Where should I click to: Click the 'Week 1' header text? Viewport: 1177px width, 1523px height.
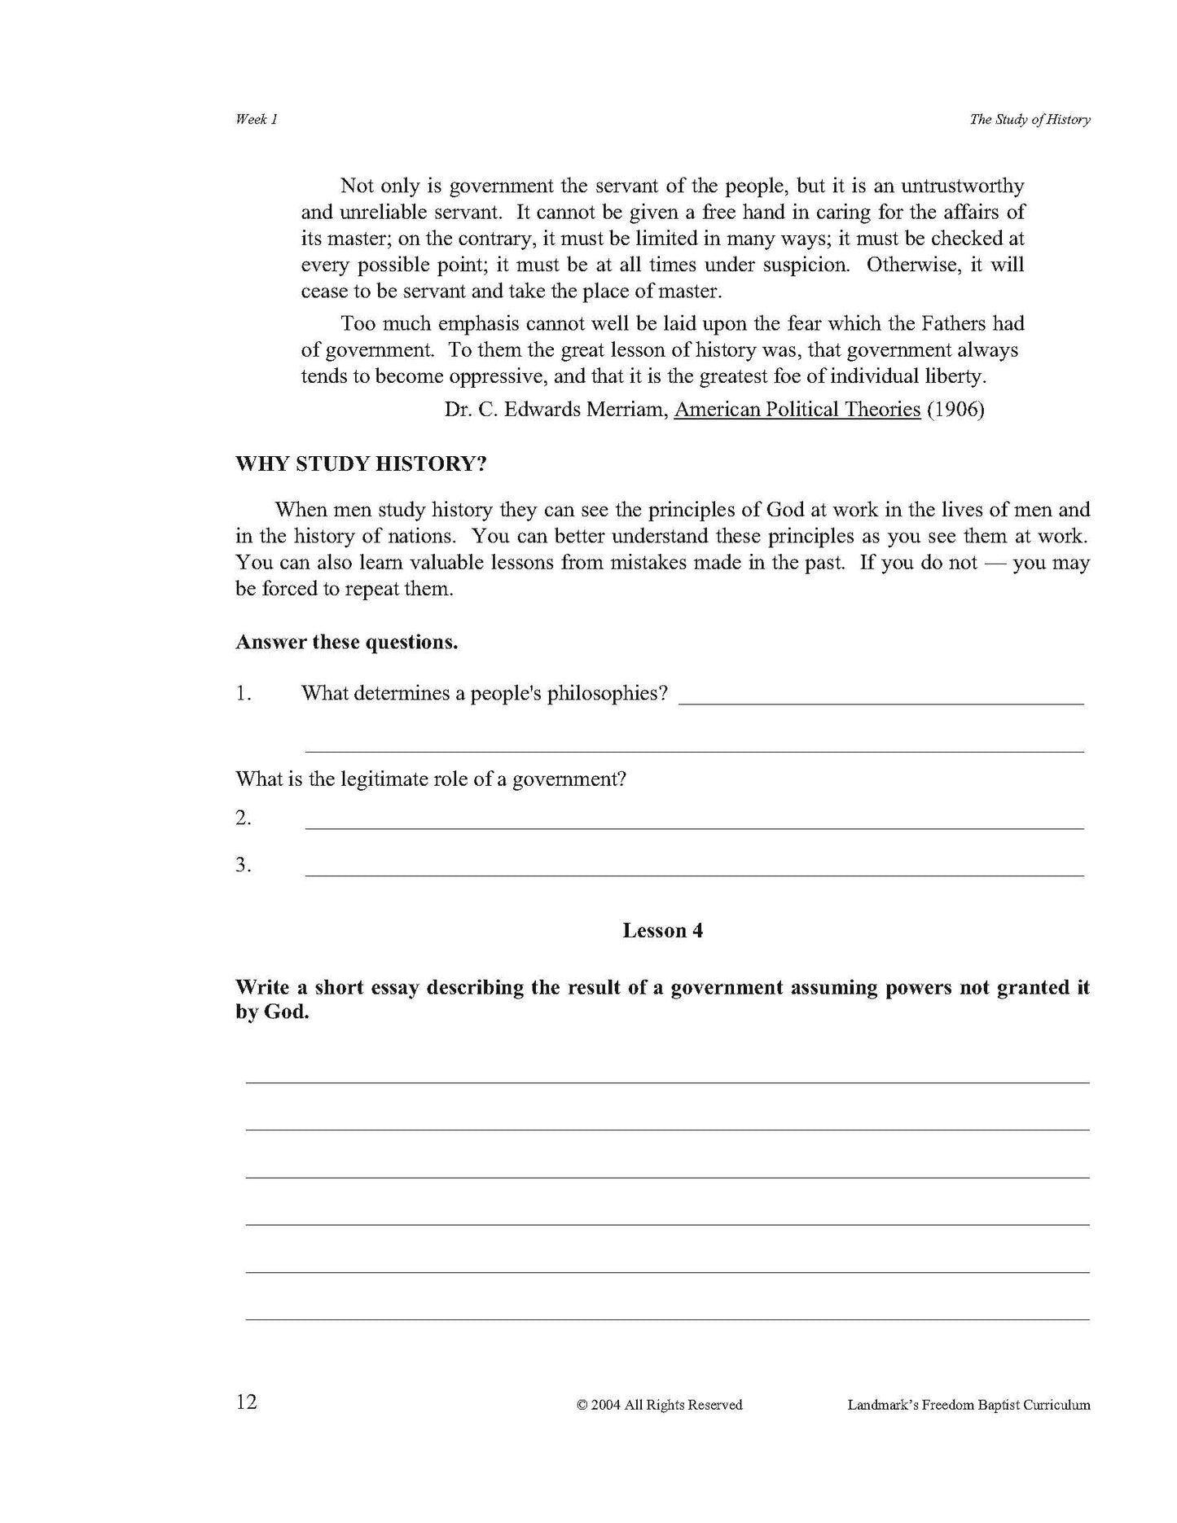pos(257,119)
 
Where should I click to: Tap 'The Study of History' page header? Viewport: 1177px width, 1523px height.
pos(1030,119)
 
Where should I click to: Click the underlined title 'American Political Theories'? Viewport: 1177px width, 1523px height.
pos(797,409)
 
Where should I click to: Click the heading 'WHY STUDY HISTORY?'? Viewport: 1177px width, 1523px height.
pos(361,464)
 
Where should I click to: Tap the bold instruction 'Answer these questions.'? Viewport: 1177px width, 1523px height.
pos(346,642)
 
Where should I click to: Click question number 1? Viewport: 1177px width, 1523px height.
pos(243,693)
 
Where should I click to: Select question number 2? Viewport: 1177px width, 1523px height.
pos(243,818)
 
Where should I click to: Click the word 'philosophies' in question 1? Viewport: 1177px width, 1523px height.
pos(607,693)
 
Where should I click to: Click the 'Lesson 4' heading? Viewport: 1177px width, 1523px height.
pos(662,930)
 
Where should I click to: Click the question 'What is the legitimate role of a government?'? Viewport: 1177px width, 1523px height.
pos(431,779)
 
